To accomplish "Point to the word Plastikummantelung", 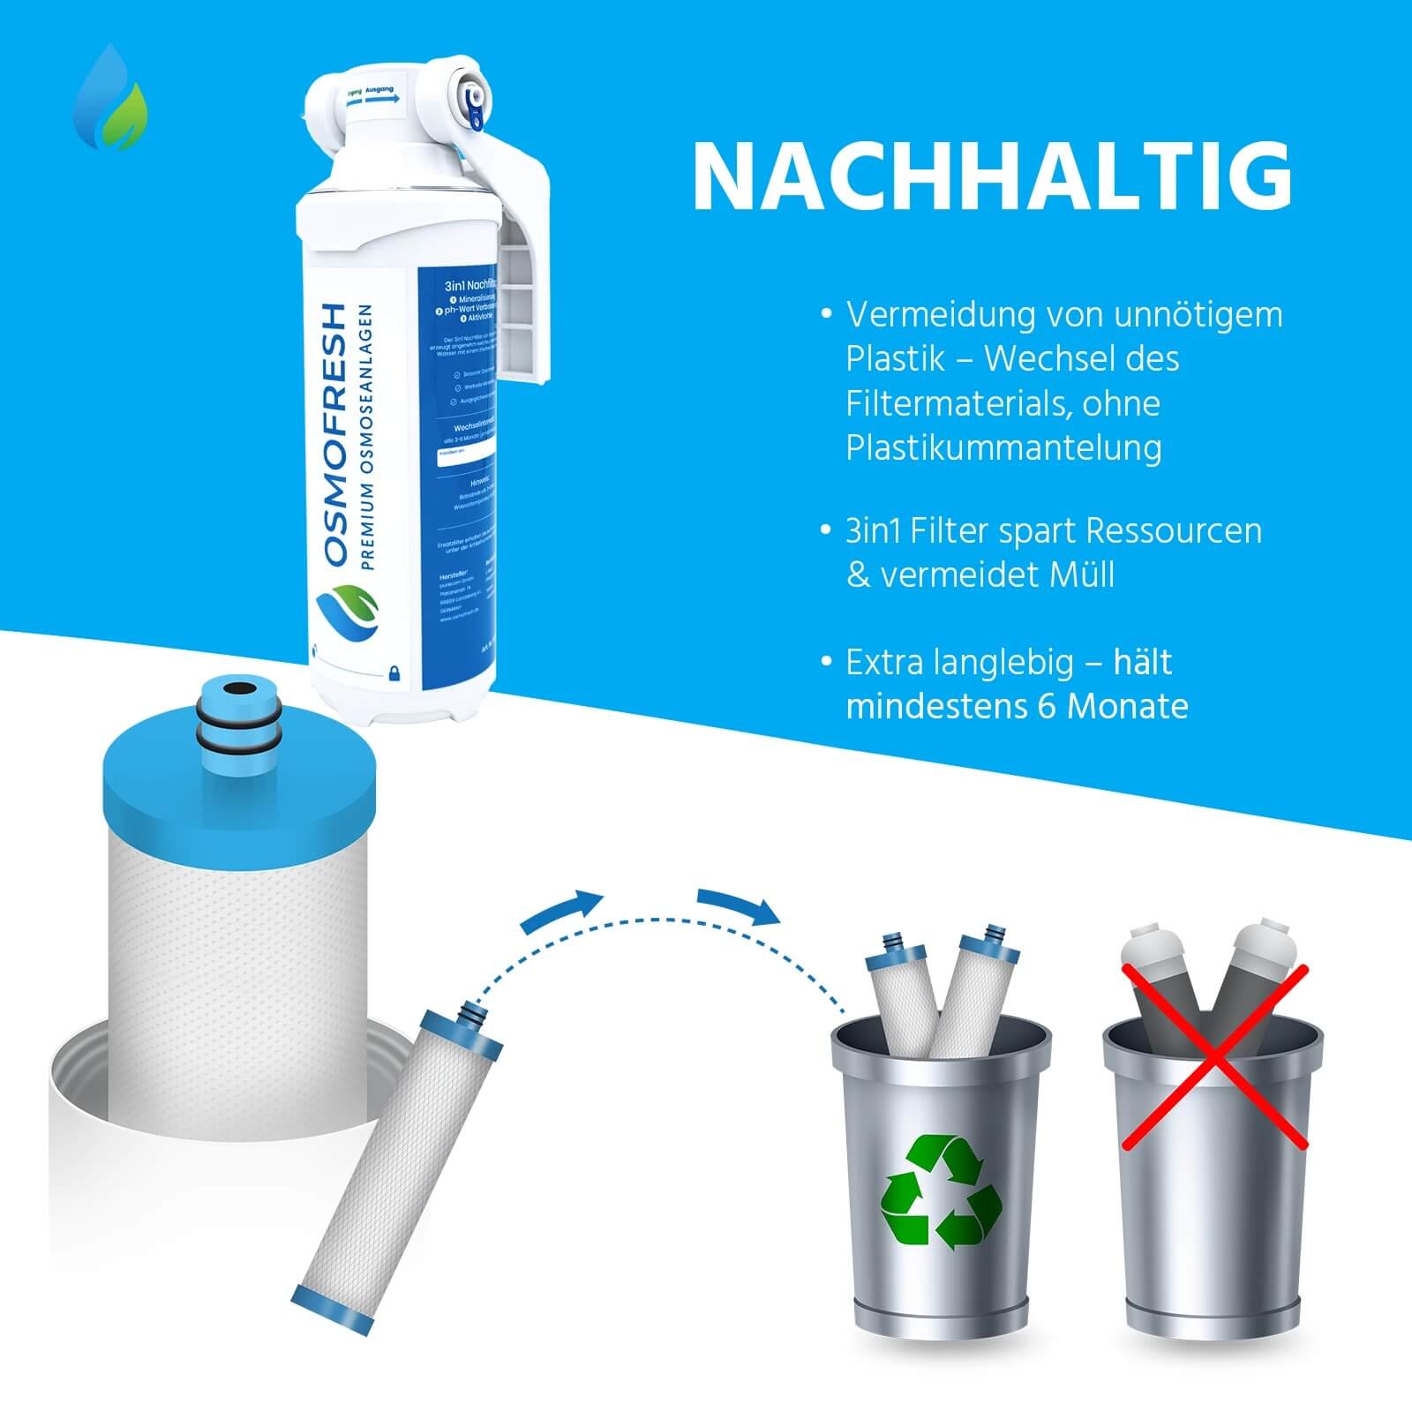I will pyautogui.click(x=1003, y=447).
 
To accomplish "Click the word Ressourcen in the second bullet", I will pyautogui.click(x=1173, y=530).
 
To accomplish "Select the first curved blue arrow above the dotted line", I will pyautogui.click(x=561, y=910).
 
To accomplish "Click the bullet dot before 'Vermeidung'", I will pyautogui.click(x=826, y=314).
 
